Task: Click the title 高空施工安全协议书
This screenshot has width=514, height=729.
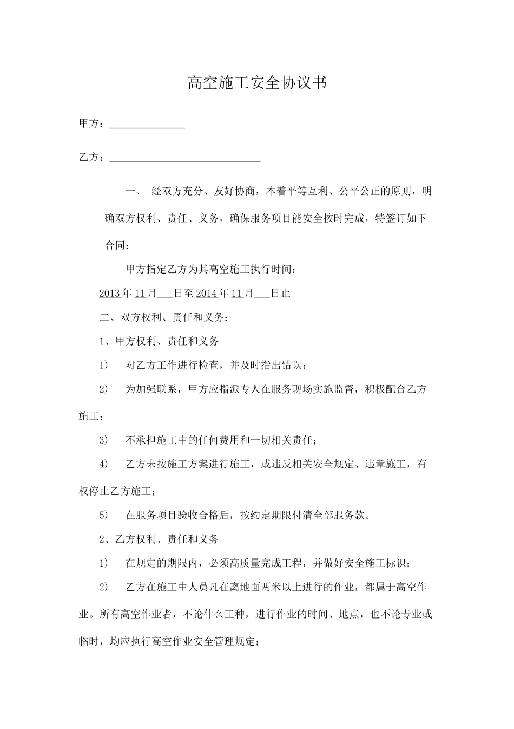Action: pos(257,83)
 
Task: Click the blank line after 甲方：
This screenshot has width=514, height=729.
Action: pos(147,125)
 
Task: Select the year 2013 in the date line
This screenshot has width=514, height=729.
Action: pos(110,294)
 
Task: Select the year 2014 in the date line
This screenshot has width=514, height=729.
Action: pos(207,294)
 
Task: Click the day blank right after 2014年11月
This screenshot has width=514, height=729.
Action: pos(261,294)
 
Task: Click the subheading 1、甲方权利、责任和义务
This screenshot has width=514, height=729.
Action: pos(159,341)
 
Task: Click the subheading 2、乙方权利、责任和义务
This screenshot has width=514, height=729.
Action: pos(159,539)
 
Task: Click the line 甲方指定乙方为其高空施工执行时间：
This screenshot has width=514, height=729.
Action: pos(210,269)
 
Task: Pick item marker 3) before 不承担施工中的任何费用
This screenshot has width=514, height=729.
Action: pos(103,440)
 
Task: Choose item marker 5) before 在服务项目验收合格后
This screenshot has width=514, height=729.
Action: pos(103,515)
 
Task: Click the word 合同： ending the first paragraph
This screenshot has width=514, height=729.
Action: pos(117,245)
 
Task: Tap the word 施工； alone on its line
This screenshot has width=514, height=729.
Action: pos(90,416)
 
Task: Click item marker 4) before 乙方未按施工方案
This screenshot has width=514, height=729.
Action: pos(103,464)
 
